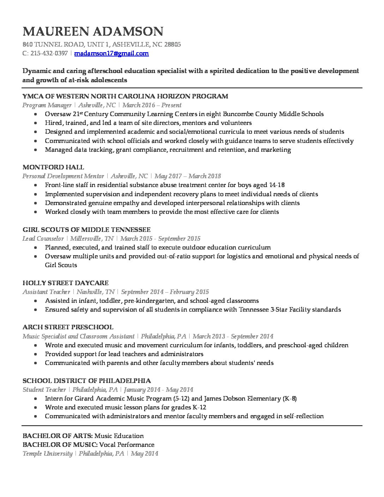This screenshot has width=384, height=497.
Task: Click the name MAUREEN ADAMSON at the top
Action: coord(93,31)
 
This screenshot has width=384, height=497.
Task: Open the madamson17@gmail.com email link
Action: coord(112,54)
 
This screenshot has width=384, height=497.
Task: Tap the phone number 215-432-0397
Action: coord(49,54)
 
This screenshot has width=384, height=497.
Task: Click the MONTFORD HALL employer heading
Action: coord(53,167)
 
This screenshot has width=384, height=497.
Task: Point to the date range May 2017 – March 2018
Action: coord(188,176)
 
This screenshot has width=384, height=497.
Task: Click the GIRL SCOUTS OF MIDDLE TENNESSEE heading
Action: coord(86,229)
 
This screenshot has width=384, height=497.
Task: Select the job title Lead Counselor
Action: coord(43,239)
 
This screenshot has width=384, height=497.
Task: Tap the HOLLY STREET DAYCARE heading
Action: coord(65,283)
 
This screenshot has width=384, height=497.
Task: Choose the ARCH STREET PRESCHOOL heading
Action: coord(68,327)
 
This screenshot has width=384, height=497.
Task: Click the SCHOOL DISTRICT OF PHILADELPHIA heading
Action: coord(86,381)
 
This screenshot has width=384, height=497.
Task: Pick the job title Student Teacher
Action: coord(44,390)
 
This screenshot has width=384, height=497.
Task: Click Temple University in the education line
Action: coord(47,454)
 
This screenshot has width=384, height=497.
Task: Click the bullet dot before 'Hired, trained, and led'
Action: coord(36,123)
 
